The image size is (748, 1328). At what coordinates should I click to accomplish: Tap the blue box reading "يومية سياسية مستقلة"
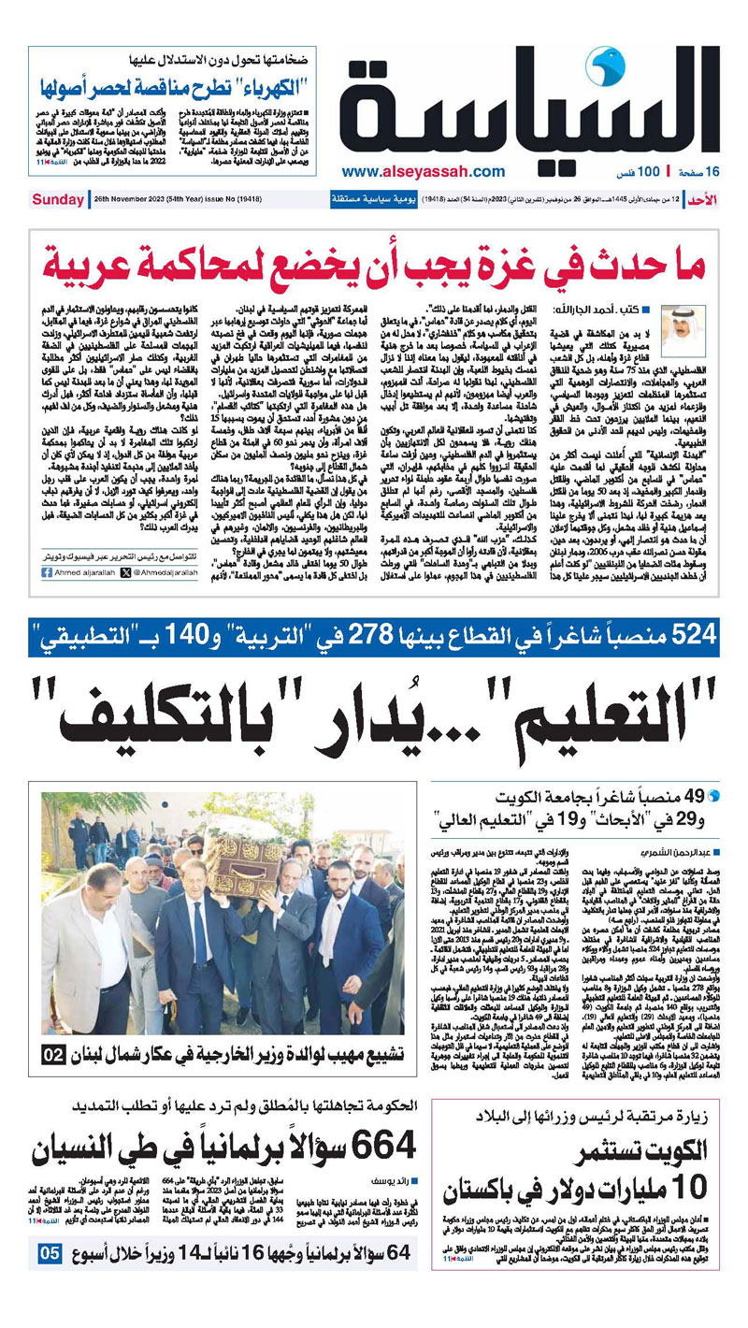click(x=371, y=199)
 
